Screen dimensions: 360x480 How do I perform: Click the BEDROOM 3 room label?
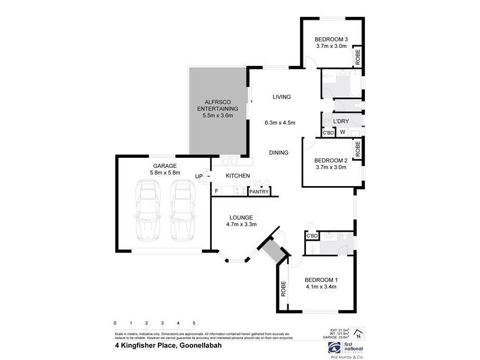331,40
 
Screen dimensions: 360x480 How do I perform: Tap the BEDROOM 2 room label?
331,160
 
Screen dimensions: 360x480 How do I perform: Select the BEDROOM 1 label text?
321,280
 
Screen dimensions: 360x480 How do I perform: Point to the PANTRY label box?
259,191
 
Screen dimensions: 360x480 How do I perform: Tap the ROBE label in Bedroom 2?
358,149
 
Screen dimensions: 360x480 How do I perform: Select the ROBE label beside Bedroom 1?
283,290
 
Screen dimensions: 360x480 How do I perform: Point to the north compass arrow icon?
358,334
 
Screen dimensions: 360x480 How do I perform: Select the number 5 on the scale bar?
194,323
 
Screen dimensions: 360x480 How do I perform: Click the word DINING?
279,152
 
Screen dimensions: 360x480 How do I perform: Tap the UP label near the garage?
199,176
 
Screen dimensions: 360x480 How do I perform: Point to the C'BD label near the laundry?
328,133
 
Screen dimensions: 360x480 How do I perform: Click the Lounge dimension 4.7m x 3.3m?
242,225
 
